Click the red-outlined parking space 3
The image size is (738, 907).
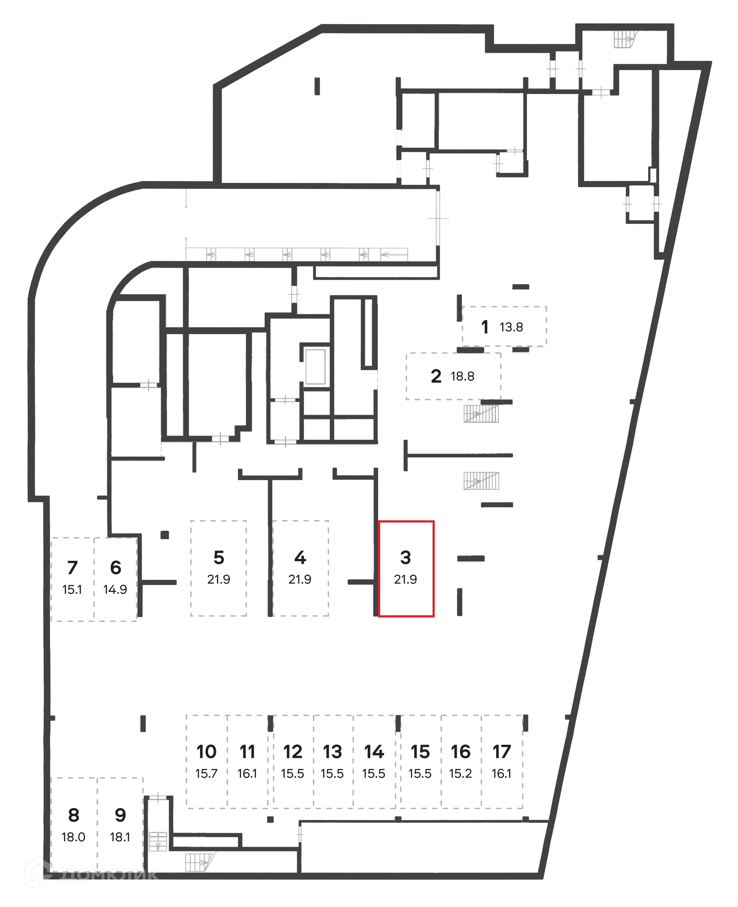(x=406, y=568)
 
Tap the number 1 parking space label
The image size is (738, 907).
(x=485, y=327)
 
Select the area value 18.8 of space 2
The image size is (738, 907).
(x=462, y=376)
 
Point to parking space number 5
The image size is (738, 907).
(x=218, y=557)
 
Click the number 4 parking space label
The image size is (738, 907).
(x=300, y=557)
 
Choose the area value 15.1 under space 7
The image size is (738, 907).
(x=72, y=590)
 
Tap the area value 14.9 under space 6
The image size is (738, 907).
(x=115, y=590)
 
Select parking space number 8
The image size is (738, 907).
(x=73, y=815)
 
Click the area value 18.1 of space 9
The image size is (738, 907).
(x=120, y=837)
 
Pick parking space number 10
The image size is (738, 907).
(x=207, y=752)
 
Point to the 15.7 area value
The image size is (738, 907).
(x=207, y=774)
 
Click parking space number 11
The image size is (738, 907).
(x=248, y=752)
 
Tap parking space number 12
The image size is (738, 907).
(x=293, y=752)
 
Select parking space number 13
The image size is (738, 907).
(x=332, y=752)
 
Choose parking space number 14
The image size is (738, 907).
(x=374, y=752)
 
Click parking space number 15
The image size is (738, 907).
(x=420, y=752)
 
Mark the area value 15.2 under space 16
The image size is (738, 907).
(x=460, y=774)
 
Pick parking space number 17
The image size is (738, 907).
(x=502, y=752)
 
